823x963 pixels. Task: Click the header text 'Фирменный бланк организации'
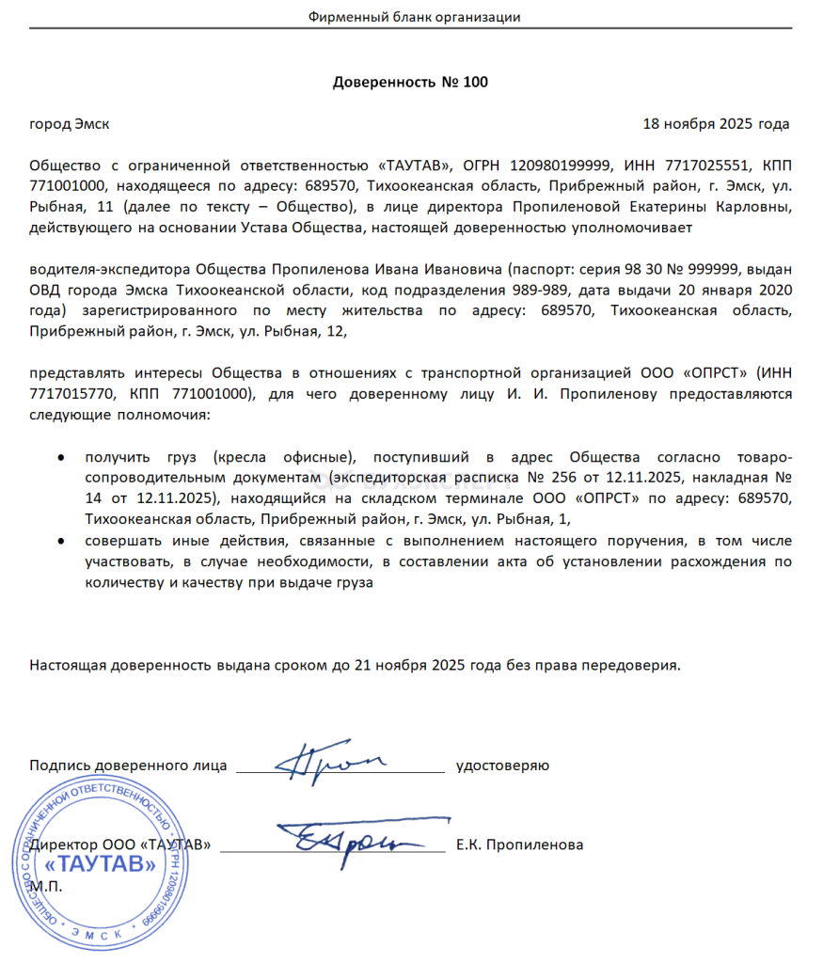click(414, 17)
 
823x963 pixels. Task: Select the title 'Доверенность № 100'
click(411, 82)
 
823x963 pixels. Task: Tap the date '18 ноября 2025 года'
click(716, 124)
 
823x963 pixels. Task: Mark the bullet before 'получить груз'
click(61, 458)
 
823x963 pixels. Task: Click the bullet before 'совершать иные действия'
click(61, 542)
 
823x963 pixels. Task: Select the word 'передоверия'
click(630, 666)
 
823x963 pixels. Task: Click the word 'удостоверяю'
click(502, 766)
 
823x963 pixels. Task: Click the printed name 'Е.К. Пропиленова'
click(519, 845)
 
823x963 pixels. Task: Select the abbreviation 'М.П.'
click(45, 886)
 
